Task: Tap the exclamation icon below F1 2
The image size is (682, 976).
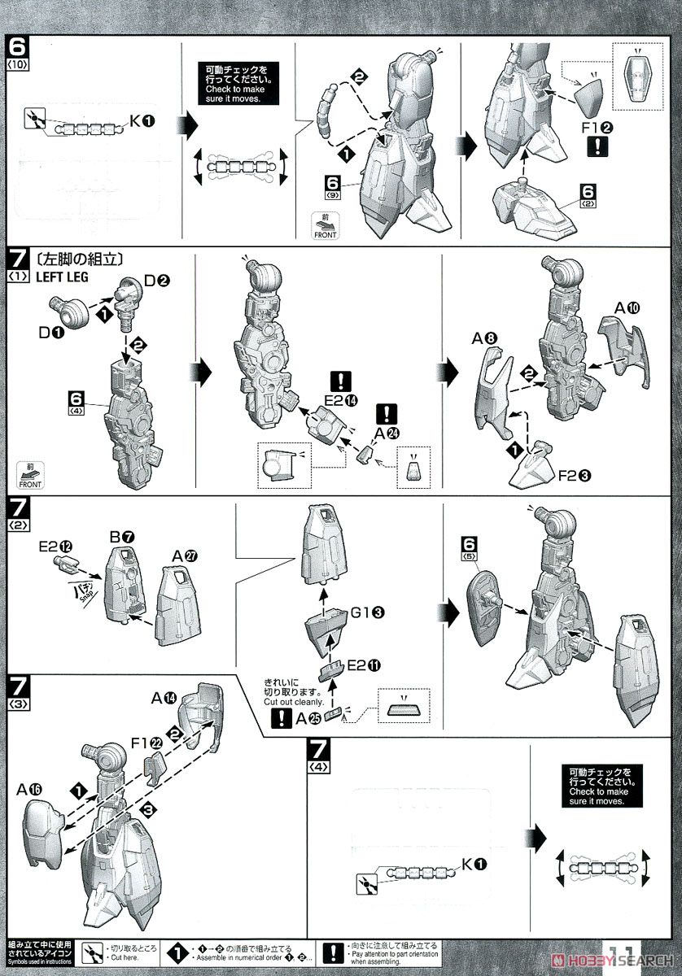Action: (597, 146)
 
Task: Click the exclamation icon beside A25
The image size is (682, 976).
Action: (281, 717)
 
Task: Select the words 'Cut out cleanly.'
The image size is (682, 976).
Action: (294, 702)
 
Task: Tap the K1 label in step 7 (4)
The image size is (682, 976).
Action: (474, 864)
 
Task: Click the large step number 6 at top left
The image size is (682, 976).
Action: (17, 43)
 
